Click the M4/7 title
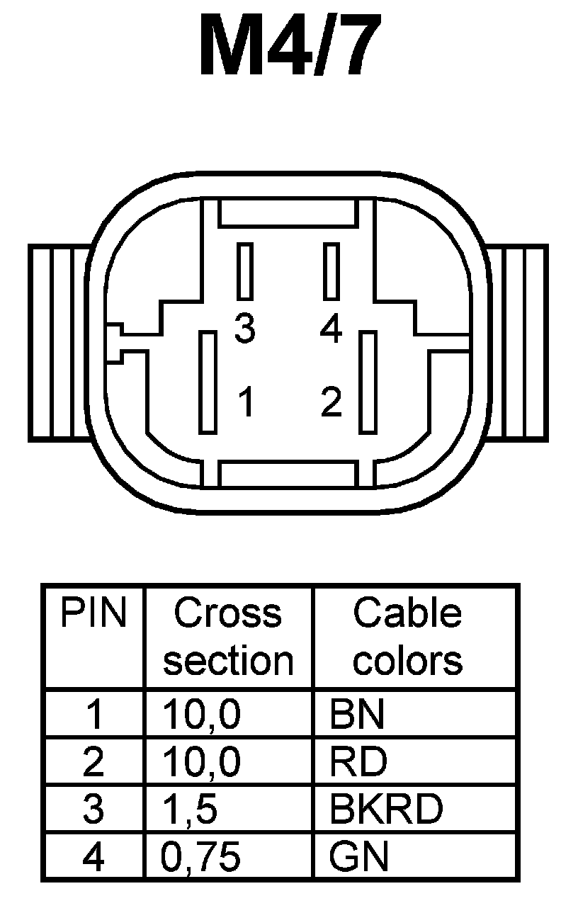(x=288, y=46)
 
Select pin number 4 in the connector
(x=331, y=329)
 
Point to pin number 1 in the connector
(x=246, y=402)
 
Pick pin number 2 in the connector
(x=331, y=402)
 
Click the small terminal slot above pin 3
(x=245, y=271)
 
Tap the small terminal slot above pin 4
(x=331, y=271)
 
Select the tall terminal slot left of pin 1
(x=208, y=382)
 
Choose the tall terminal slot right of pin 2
(x=368, y=382)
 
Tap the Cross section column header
(x=227, y=637)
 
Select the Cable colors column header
(x=407, y=637)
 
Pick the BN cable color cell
(x=357, y=715)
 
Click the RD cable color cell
(x=358, y=762)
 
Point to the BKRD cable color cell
(x=386, y=809)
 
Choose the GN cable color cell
(x=359, y=857)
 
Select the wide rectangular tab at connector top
(x=288, y=212)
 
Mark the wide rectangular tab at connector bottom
(x=288, y=474)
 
